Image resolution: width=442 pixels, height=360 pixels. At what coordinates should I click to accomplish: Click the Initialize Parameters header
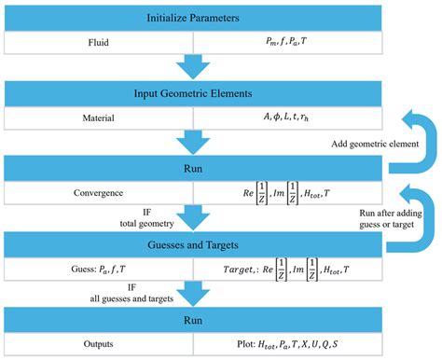point(193,18)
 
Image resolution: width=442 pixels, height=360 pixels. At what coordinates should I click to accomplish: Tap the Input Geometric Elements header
point(193,94)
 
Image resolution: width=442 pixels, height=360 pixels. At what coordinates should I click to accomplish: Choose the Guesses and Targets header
point(193,246)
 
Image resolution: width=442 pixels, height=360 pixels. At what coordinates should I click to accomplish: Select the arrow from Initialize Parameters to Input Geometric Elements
point(193,65)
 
